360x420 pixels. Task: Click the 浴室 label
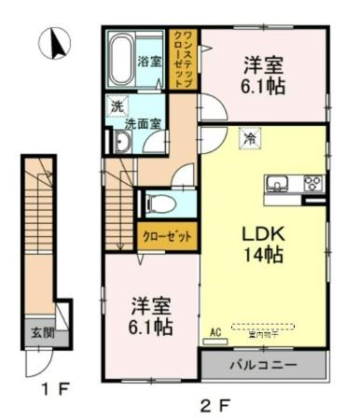pyautogui.click(x=147, y=63)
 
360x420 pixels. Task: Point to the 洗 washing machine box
pyautogui.click(x=117, y=106)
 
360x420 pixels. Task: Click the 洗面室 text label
pyautogui.click(x=145, y=122)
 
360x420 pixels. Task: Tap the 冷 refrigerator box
pyautogui.click(x=250, y=137)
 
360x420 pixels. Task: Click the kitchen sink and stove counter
pyautogui.click(x=293, y=185)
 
